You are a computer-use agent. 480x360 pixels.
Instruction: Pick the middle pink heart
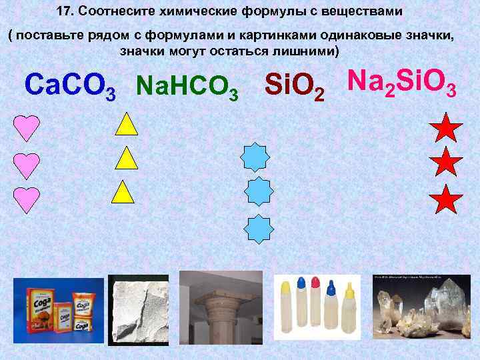(27, 164)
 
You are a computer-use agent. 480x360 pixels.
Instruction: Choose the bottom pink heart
(27, 199)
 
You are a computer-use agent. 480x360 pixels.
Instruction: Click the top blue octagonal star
(256, 158)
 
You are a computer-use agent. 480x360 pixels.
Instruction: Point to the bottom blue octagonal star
(257, 228)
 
